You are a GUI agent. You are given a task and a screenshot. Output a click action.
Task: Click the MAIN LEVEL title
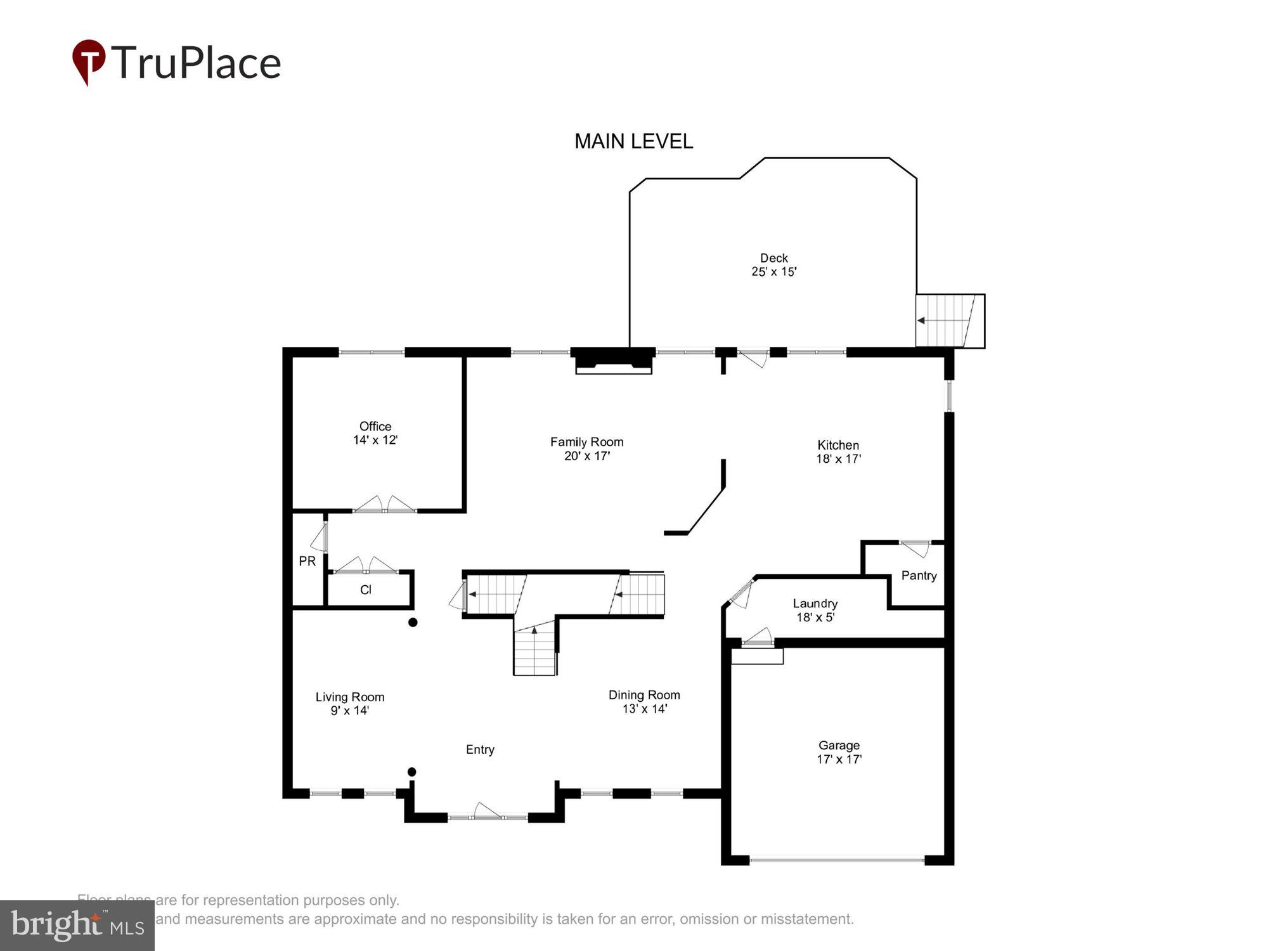pyautogui.click(x=633, y=141)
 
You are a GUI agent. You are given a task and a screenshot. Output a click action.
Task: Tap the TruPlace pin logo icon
pyautogui.click(x=88, y=61)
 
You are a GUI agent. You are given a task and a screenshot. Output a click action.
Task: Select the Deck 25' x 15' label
pyautogui.click(x=773, y=265)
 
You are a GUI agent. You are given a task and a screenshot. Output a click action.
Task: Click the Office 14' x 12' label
pyautogui.click(x=375, y=433)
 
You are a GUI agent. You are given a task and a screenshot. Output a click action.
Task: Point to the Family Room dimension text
pyautogui.click(x=586, y=456)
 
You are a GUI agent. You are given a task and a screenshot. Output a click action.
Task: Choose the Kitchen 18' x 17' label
pyautogui.click(x=838, y=452)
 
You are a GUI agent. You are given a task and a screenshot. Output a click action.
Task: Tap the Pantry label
pyautogui.click(x=919, y=576)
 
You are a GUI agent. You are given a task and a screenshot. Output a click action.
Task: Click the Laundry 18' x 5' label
pyautogui.click(x=815, y=611)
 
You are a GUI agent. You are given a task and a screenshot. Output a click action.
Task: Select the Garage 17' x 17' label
pyautogui.click(x=839, y=753)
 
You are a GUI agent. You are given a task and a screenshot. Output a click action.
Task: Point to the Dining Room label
pyautogui.click(x=644, y=695)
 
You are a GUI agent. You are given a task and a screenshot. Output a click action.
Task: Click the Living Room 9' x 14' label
pyautogui.click(x=350, y=704)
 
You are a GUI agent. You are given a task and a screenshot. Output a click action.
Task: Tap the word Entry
pyautogui.click(x=480, y=749)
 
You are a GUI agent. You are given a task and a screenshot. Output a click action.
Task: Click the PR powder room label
pyautogui.click(x=307, y=561)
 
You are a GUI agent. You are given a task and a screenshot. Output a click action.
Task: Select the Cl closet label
pyautogui.click(x=366, y=590)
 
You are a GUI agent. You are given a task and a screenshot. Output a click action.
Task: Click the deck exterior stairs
pyautogui.click(x=949, y=321)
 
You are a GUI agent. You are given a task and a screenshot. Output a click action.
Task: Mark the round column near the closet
pyautogui.click(x=413, y=622)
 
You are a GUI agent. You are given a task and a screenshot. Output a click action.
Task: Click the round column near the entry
pyautogui.click(x=411, y=772)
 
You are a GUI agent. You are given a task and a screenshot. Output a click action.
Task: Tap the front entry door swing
pyautogui.click(x=487, y=811)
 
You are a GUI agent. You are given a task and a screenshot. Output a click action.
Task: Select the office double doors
pyautogui.click(x=384, y=505)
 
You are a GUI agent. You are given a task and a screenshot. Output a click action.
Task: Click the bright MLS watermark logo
pyautogui.click(x=77, y=925)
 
